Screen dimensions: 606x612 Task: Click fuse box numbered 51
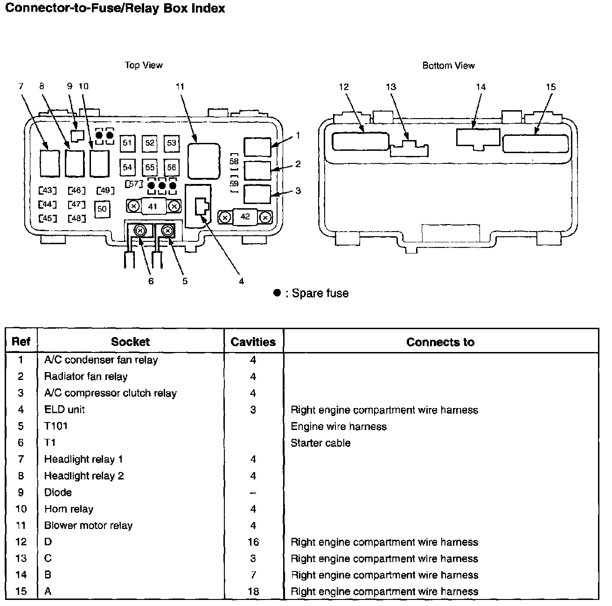[127, 143]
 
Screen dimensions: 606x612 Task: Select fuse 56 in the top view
[172, 167]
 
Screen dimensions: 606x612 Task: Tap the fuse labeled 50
[102, 209]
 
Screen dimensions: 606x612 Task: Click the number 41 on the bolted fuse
[153, 205]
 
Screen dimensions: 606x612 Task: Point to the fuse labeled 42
[245, 217]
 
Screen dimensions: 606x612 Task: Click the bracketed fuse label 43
[47, 190]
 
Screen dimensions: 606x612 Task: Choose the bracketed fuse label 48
[76, 218]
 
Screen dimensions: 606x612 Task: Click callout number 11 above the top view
[180, 86]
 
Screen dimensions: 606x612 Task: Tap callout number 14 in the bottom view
[480, 87]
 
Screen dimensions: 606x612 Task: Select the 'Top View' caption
[144, 65]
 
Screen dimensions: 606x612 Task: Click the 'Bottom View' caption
[448, 66]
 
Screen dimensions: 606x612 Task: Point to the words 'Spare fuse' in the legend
[320, 293]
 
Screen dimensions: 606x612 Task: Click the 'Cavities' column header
[253, 342]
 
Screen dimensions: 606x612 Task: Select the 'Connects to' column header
[440, 342]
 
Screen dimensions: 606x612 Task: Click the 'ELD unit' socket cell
[64, 409]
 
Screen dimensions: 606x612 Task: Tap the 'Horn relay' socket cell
[69, 509]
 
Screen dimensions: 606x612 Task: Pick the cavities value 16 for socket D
[253, 542]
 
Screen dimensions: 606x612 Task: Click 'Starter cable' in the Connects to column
[320, 443]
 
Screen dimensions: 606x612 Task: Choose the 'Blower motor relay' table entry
[88, 525]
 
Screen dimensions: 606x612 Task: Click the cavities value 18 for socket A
[253, 592]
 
